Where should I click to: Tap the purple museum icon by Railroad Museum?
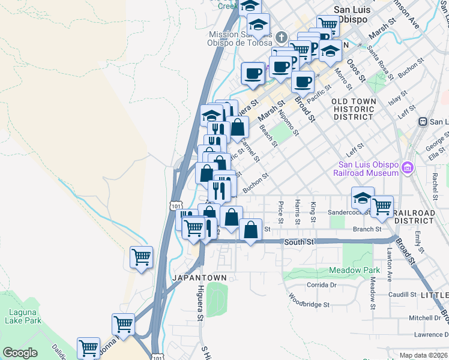(408, 166)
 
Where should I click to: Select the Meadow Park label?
(355, 271)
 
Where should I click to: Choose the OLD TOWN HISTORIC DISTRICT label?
(354, 109)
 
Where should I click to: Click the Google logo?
(20, 353)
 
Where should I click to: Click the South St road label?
(298, 242)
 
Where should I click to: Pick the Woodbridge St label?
(309, 300)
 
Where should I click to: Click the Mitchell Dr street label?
(424, 318)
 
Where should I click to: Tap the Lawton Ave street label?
(390, 265)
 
